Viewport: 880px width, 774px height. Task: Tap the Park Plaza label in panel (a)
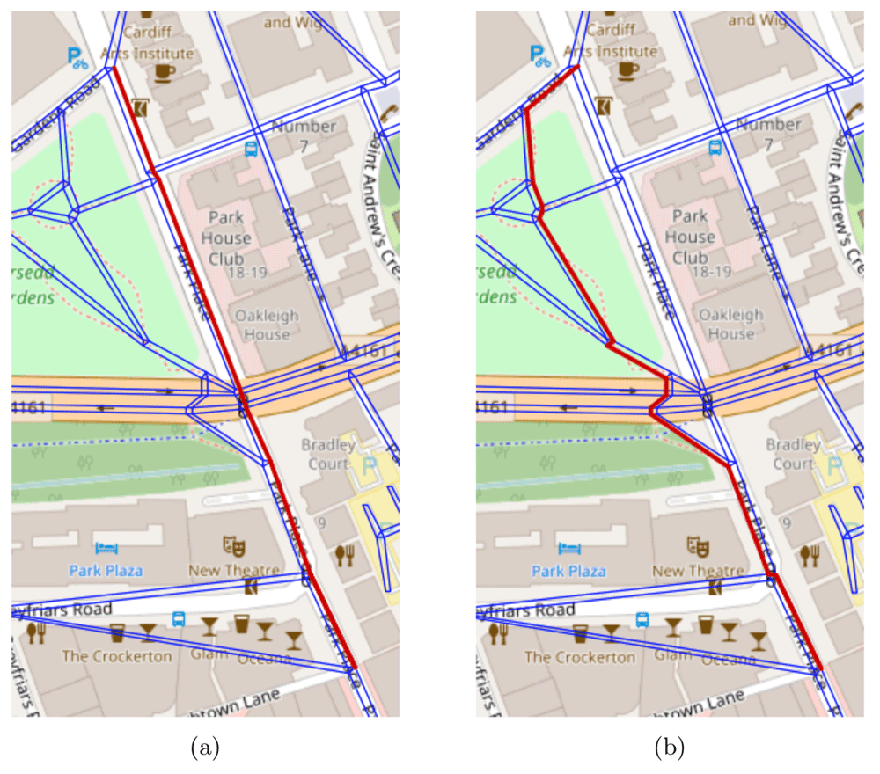click(106, 571)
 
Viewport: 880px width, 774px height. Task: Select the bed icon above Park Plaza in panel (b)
click(572, 548)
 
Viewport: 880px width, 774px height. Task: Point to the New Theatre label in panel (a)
click(234, 571)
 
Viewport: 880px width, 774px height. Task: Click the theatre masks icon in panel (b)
click(701, 545)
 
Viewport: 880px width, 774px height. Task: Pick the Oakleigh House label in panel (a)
click(266, 325)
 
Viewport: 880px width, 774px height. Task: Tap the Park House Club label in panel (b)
click(690, 237)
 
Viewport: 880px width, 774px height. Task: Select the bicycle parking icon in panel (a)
click(77, 57)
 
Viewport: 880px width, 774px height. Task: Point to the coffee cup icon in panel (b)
click(628, 70)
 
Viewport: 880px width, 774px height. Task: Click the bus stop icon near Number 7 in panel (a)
click(251, 148)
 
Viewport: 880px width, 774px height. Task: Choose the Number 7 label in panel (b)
click(768, 135)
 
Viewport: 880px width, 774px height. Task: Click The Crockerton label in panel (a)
click(117, 656)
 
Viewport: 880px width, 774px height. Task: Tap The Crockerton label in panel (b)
click(581, 656)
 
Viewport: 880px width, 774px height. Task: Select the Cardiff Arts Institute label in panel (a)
click(146, 41)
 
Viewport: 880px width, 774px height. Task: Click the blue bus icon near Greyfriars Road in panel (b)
click(643, 618)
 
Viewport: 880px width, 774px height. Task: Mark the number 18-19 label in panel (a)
click(246, 274)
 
